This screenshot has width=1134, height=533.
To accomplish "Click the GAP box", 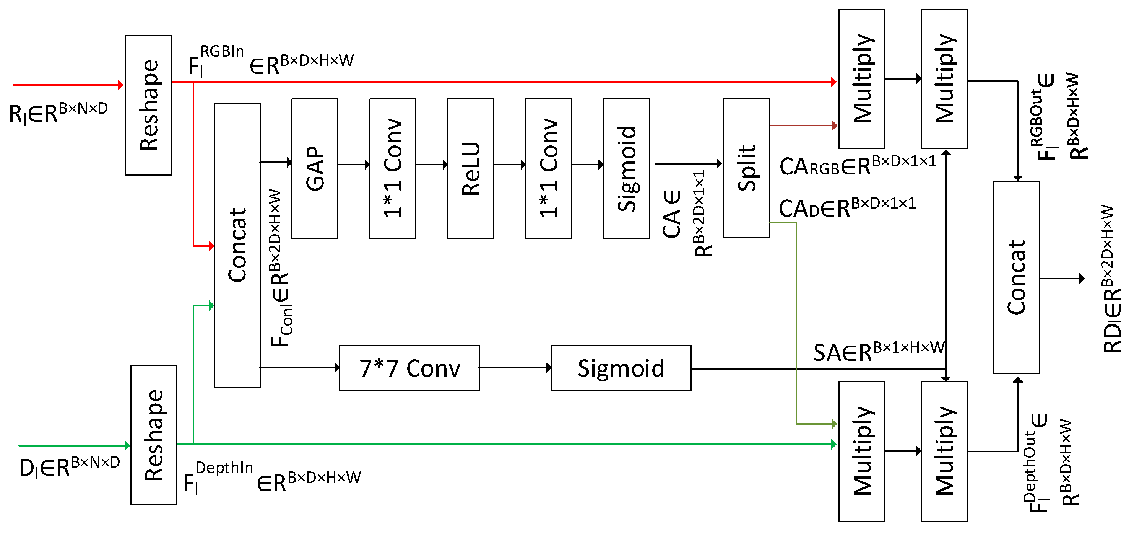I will [x=314, y=169].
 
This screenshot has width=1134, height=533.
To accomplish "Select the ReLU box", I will [x=470, y=169].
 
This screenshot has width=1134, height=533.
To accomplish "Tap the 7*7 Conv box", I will [x=409, y=368].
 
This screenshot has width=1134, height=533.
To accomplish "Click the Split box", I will [x=746, y=168].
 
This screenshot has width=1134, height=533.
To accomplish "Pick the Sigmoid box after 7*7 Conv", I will [x=621, y=368].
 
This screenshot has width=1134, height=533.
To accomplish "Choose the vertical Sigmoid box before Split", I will [x=626, y=169].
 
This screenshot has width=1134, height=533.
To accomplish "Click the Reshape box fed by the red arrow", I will [x=148, y=105].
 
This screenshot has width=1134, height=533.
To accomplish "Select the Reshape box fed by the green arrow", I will [x=154, y=435].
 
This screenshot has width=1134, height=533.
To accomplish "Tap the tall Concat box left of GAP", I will [x=237, y=245].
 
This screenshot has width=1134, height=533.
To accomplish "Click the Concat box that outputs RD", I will [x=1016, y=277].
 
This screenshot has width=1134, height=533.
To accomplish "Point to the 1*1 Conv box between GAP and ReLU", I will [x=393, y=169].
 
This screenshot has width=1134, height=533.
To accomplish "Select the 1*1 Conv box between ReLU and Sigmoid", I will [x=548, y=169].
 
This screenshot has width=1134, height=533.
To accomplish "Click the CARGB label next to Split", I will [x=856, y=166].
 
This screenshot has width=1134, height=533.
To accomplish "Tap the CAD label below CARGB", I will [x=846, y=207].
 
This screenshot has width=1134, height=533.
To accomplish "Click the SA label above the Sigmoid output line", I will [x=878, y=351].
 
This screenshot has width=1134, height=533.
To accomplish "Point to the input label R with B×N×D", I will [x=58, y=112].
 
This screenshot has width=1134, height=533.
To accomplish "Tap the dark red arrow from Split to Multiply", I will [x=803, y=126].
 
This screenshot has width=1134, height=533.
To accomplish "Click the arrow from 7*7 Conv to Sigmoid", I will [x=515, y=367].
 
